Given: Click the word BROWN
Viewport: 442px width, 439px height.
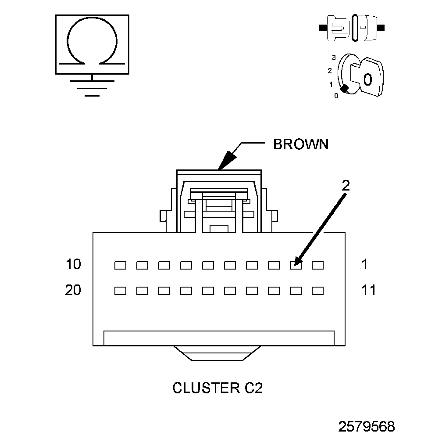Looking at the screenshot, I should [300, 144].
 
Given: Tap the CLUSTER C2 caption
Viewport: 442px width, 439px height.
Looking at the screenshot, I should [217, 388].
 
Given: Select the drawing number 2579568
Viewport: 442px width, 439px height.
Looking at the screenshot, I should [366, 426].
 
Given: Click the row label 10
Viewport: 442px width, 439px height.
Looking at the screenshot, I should [73, 264].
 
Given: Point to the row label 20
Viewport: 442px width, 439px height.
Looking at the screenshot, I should [73, 290].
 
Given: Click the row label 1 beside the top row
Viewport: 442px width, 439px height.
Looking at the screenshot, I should [365, 264].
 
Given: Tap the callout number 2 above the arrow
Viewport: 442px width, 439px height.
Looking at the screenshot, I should [346, 185].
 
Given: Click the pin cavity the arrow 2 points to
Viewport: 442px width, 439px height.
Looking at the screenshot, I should [296, 265].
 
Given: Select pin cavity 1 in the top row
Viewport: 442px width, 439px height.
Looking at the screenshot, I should [318, 265].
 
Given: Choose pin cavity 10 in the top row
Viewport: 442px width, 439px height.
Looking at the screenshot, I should [120, 265].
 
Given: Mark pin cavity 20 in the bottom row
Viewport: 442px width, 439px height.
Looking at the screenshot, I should [120, 291].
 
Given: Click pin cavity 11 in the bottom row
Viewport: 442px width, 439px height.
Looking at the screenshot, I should [318, 291].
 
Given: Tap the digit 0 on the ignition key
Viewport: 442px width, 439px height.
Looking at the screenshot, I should [367, 79].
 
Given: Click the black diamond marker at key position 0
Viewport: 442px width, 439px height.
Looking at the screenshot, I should [345, 89].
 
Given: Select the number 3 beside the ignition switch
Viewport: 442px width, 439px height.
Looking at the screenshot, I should [334, 58].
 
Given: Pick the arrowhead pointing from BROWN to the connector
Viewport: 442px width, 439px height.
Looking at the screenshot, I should [226, 160].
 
